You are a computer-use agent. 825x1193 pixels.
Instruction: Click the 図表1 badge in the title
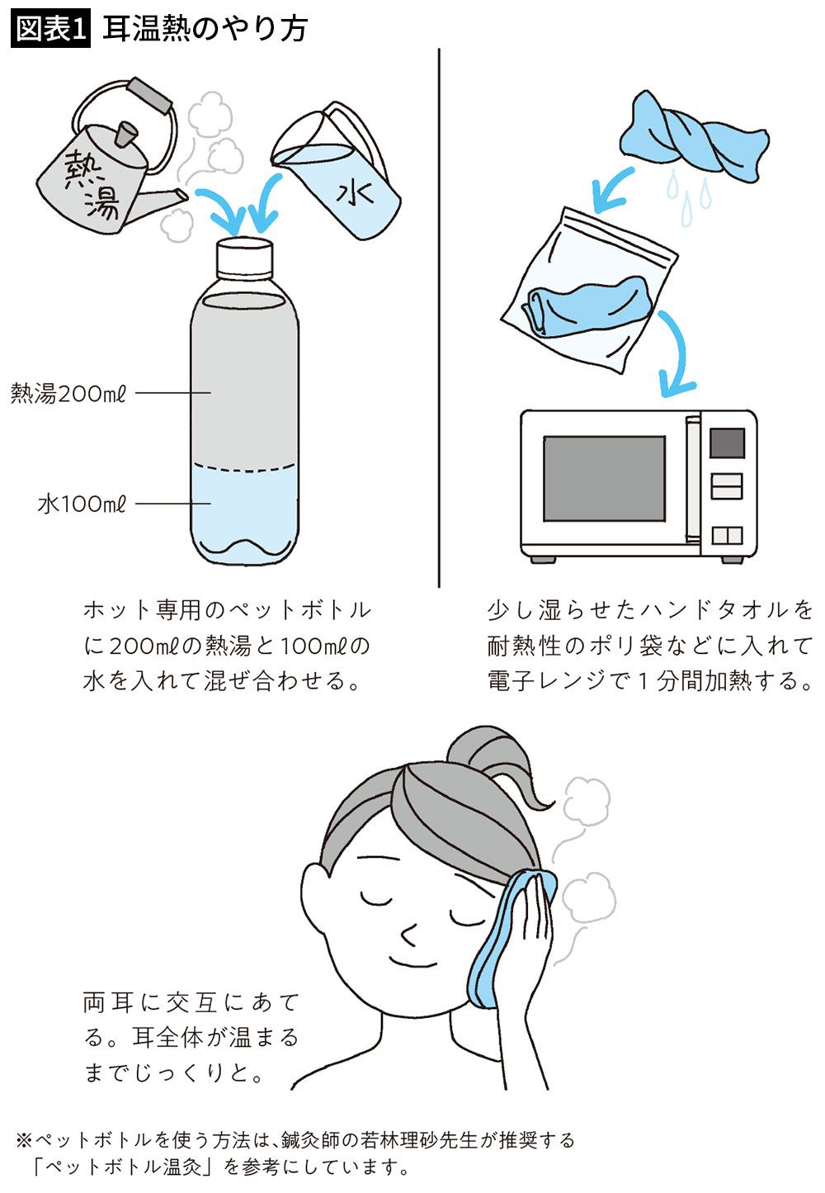(50, 30)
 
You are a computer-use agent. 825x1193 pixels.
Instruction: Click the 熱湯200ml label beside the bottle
(68, 394)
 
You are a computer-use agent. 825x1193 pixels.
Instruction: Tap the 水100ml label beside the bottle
(82, 504)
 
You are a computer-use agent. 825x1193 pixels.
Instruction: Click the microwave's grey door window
(604, 478)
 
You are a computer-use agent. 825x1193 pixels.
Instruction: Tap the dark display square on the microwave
(727, 443)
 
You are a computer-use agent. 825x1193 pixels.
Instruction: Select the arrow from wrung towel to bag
(612, 188)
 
